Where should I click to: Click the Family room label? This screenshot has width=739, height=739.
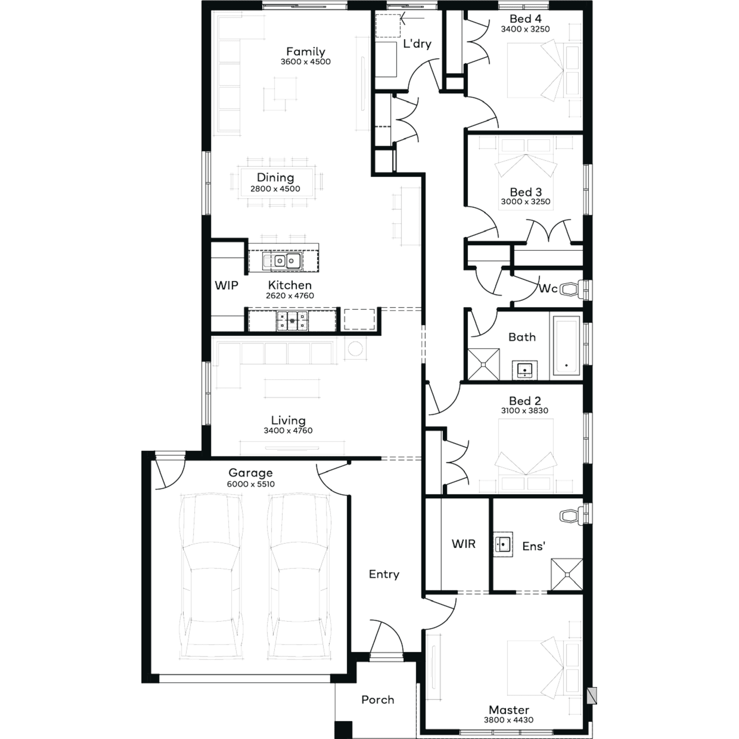(x=305, y=52)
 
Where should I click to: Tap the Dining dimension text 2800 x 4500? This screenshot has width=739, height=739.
(x=275, y=189)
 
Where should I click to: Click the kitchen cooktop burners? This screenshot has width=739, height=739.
(x=292, y=320)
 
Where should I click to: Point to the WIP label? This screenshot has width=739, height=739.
(x=227, y=285)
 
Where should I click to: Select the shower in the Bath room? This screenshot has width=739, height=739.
(x=483, y=365)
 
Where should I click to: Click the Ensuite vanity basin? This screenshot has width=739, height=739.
(x=503, y=544)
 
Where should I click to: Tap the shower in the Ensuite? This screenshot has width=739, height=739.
(x=567, y=574)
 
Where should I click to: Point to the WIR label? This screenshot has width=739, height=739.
(x=464, y=544)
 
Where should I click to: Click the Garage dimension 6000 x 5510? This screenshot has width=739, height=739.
(x=251, y=484)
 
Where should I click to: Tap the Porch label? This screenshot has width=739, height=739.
(x=378, y=700)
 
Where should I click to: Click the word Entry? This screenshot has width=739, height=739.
(x=384, y=574)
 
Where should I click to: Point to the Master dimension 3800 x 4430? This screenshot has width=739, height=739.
(x=509, y=720)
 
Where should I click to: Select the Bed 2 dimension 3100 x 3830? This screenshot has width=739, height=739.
(x=525, y=410)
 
